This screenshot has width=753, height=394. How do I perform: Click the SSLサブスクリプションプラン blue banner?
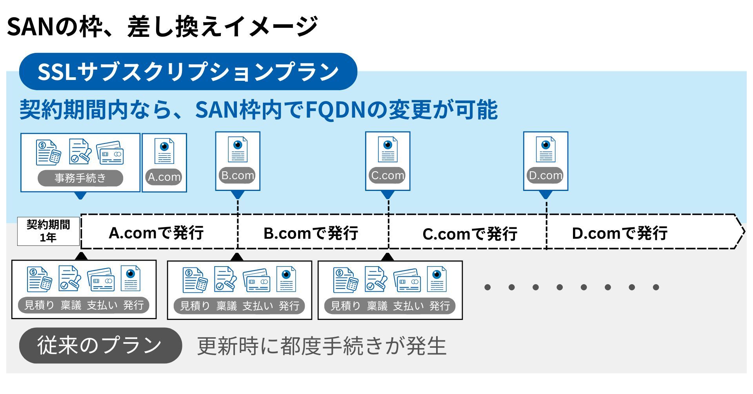click(188, 72)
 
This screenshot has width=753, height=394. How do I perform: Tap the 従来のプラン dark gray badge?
click(100, 345)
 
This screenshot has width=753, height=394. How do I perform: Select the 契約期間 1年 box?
click(48, 231)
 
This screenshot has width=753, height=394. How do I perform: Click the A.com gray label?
click(164, 177)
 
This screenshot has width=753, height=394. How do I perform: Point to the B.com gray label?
click(238, 175)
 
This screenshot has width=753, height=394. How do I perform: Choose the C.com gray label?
click(387, 175)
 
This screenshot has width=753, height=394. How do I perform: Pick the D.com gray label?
click(546, 175)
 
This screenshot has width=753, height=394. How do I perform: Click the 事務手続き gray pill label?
click(80, 178)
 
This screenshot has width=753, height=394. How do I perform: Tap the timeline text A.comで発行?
click(156, 233)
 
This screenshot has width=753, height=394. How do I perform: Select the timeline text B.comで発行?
click(311, 233)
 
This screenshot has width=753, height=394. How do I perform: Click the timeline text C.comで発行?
click(470, 234)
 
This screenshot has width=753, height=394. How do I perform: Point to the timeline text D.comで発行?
click(620, 233)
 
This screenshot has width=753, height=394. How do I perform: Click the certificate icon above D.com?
click(546, 149)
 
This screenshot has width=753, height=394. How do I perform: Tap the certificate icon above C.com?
click(387, 149)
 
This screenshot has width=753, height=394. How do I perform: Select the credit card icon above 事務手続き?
click(110, 153)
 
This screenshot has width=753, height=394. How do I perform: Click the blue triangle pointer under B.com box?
click(238, 195)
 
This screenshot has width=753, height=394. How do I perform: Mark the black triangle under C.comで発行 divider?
click(387, 257)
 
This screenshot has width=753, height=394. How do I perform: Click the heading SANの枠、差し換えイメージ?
click(162, 27)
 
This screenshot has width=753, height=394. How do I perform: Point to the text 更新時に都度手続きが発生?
click(322, 346)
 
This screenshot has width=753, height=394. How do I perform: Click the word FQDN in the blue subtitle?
click(336, 109)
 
